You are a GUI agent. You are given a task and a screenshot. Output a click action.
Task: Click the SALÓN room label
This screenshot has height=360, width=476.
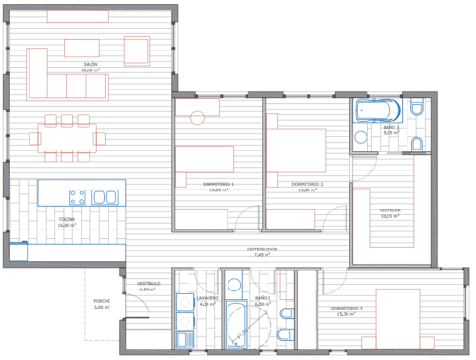90,64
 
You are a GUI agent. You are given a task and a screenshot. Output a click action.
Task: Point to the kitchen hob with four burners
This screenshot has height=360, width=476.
76,197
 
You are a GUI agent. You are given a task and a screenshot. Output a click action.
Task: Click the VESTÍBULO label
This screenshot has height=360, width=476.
148,284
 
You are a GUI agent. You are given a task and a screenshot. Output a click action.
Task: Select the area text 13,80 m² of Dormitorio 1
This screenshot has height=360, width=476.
219,190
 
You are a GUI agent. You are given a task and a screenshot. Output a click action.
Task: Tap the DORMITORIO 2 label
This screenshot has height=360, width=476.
307,183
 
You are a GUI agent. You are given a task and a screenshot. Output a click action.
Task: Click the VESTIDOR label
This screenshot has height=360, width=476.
390,210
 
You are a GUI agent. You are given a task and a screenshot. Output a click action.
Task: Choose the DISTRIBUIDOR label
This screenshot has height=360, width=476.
265,250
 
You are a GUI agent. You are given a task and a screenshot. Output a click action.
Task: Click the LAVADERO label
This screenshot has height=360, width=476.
208,297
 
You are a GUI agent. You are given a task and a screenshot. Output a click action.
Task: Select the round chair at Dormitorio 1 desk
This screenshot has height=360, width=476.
197,118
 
